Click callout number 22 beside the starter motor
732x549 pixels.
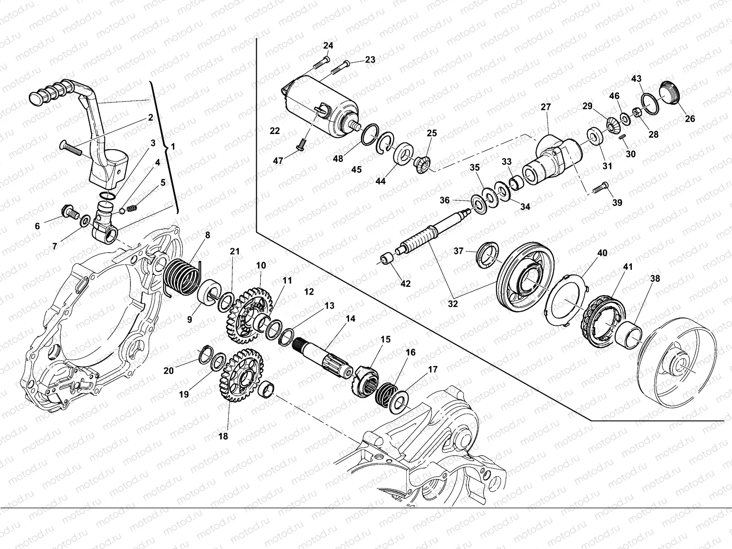(x=274, y=131)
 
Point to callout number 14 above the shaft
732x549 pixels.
(x=350, y=319)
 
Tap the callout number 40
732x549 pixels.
(x=603, y=253)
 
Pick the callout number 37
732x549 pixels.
(x=459, y=250)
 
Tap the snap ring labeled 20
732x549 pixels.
(x=206, y=355)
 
